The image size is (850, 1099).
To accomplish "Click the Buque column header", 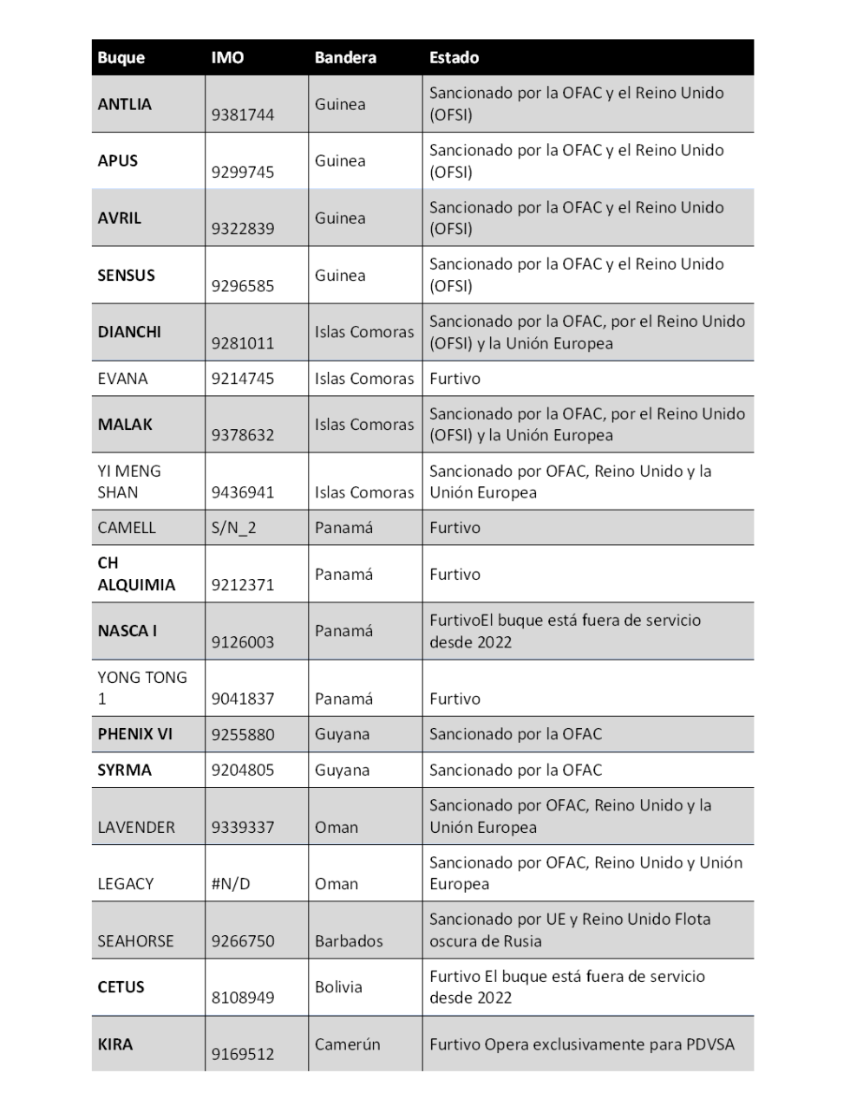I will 121,58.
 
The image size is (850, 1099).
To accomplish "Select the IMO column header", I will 227,58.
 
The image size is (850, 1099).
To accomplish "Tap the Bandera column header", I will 345,58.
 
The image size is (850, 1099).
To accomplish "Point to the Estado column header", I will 454,58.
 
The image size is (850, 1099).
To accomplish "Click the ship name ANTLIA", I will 124,104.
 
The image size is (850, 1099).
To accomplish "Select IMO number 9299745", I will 243,172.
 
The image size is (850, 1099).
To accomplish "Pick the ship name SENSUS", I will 126,276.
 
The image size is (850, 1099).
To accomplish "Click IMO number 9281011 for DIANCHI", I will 243,343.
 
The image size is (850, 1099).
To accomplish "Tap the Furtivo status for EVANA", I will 454,379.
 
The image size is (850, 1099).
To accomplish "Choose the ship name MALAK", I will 125,425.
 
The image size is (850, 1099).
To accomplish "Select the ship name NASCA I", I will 127,631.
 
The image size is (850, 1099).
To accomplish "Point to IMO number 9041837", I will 243,699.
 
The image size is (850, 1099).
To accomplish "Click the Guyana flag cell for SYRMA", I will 342,770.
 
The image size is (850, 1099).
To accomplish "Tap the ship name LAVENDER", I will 136,827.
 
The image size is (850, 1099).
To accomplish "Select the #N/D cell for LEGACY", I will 231,884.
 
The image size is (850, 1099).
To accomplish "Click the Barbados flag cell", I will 349,941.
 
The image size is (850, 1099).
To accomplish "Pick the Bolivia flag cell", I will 338,987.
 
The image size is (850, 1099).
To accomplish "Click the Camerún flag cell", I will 348,1044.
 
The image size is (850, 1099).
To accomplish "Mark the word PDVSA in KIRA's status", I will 709,1044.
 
